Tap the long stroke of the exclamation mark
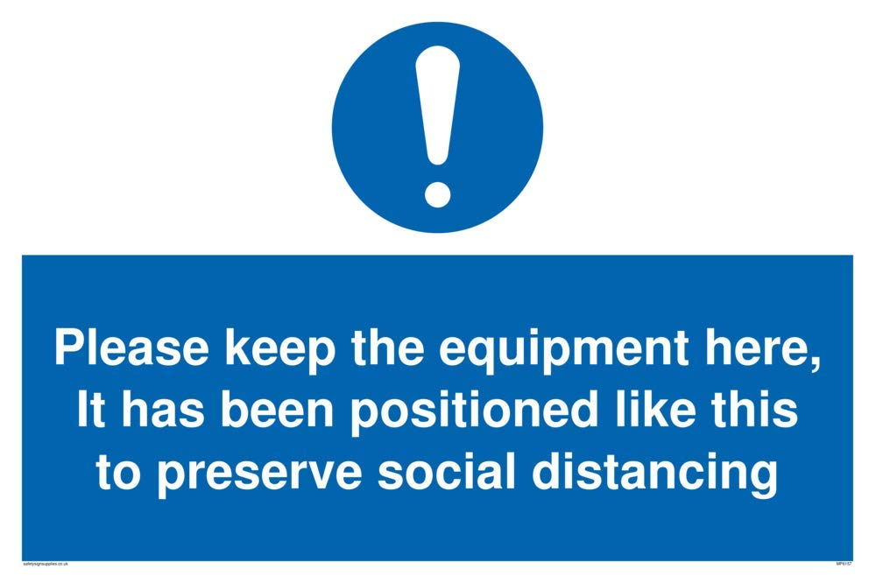pos(436,105)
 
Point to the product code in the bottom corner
pos(843,565)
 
